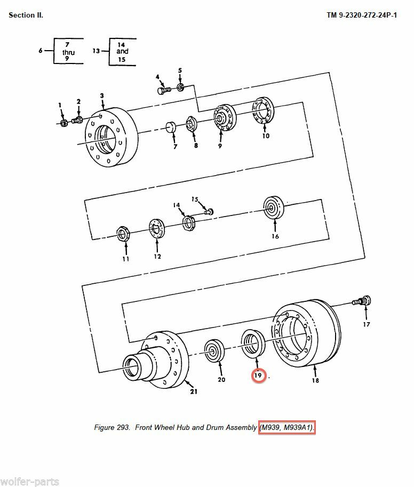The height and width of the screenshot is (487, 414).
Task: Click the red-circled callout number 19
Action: [258, 376]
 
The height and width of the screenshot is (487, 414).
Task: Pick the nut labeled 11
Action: [124, 234]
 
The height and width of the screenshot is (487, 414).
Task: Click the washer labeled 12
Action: [157, 228]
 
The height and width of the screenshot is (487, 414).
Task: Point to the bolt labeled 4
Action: [163, 91]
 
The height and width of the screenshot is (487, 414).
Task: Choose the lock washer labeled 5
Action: [180, 86]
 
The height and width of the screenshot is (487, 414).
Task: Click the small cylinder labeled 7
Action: [171, 127]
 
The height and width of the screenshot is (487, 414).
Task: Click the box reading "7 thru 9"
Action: [68, 51]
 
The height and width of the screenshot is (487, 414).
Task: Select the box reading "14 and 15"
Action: [122, 51]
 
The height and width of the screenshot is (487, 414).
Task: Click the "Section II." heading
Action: [26, 15]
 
